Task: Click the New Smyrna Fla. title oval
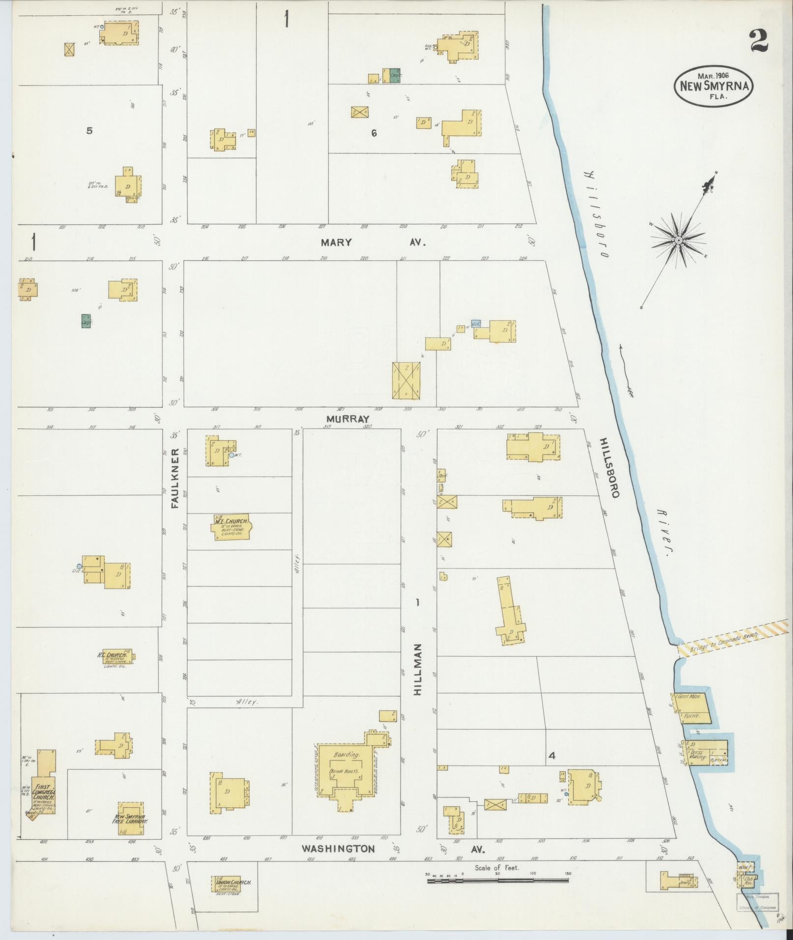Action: click(714, 85)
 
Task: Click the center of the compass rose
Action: click(678, 240)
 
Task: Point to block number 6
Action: click(374, 133)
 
